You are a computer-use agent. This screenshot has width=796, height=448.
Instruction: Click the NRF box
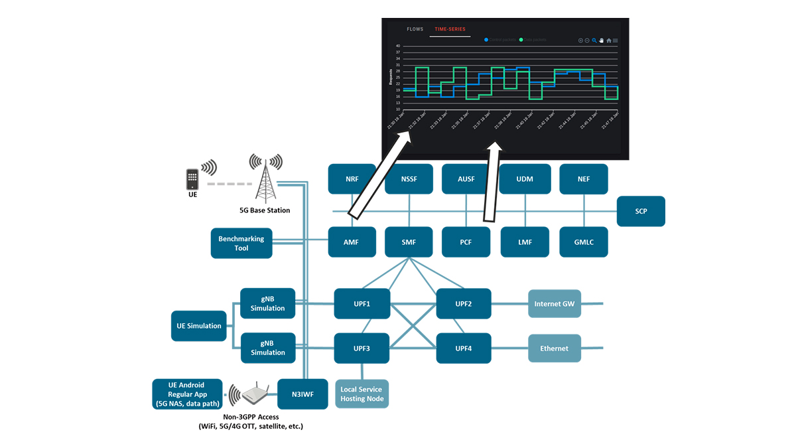(352, 179)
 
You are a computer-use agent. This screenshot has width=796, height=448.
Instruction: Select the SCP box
(641, 211)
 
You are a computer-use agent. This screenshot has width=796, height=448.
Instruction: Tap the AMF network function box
(352, 242)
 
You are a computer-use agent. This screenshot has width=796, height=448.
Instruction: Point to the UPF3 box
(362, 348)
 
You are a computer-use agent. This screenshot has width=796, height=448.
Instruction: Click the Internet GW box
(555, 304)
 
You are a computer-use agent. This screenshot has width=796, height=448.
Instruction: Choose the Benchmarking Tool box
(241, 244)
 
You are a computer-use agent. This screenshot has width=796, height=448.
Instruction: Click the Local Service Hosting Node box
(362, 394)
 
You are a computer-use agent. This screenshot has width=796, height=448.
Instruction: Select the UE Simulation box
(199, 326)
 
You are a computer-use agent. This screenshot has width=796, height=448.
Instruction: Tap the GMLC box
(584, 242)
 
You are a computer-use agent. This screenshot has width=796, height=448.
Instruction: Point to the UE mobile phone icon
(192, 179)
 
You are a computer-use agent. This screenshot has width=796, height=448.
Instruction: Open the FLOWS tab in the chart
(415, 29)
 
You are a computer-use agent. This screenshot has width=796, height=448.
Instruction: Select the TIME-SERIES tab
(450, 29)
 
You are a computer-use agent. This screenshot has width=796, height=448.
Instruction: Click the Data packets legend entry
(533, 40)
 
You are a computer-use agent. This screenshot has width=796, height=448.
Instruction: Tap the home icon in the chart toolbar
(609, 40)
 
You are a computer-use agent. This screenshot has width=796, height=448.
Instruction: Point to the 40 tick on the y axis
(397, 46)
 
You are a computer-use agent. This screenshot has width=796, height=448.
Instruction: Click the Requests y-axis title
(391, 78)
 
